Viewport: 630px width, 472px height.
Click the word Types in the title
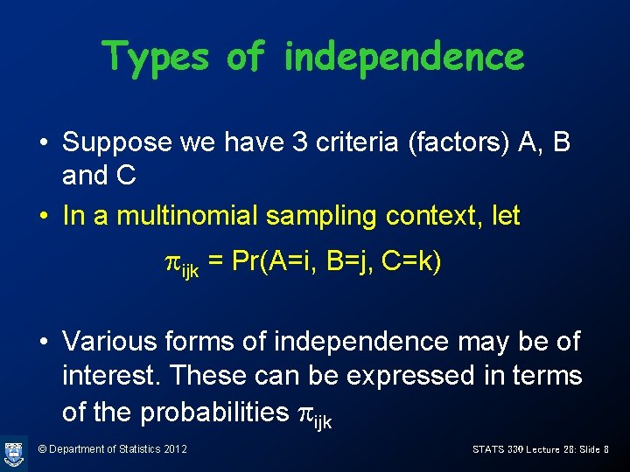coord(156,57)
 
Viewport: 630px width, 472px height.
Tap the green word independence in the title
coord(403,57)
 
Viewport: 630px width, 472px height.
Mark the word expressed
coord(409,376)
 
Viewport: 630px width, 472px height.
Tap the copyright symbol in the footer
coord(43,449)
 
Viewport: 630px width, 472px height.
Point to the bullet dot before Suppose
coord(43,142)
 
